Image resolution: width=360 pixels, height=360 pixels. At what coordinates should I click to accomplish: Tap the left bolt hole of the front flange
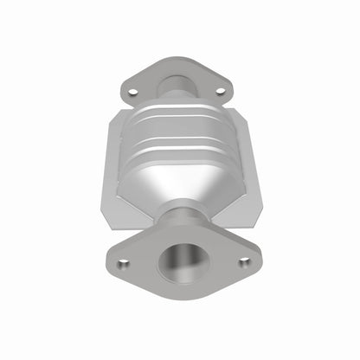click(123, 262)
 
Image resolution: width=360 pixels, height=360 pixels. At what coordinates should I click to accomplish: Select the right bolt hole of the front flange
click(244, 260)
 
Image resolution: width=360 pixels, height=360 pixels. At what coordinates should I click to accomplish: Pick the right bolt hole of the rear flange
click(220, 90)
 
